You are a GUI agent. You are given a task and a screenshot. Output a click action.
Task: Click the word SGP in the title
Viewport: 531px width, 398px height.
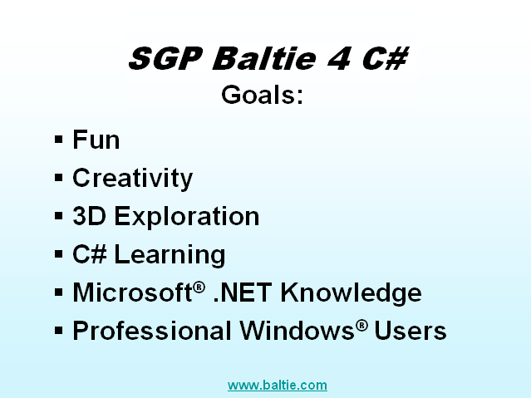[x=166, y=59]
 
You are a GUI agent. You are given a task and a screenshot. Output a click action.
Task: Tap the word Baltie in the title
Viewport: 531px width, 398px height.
[x=264, y=58]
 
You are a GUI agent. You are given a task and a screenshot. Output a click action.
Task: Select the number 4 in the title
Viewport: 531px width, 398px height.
[x=339, y=59]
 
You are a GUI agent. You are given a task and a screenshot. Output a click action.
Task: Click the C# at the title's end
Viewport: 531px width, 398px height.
[x=385, y=59]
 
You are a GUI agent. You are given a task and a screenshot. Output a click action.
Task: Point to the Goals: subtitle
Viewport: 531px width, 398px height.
[x=262, y=95]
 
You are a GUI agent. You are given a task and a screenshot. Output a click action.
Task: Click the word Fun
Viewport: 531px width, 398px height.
[x=96, y=140]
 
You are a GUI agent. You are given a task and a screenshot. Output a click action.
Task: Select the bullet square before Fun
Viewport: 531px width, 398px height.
[x=59, y=139]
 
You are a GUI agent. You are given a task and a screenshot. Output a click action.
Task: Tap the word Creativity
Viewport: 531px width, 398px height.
[x=132, y=178]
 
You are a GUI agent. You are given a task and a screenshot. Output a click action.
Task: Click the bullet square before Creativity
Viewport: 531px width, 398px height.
[x=59, y=177]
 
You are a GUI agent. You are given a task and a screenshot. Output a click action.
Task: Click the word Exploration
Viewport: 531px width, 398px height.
[x=187, y=216]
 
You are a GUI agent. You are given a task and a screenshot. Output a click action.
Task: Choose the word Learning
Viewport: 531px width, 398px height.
[x=170, y=254]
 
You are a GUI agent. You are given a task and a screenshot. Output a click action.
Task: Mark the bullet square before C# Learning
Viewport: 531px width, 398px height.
[x=59, y=253]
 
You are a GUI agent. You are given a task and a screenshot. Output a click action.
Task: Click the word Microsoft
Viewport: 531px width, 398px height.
[x=133, y=292]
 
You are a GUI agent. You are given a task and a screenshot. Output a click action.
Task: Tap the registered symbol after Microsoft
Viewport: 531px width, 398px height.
[x=199, y=287]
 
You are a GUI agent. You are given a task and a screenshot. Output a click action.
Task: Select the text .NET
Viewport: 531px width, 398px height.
[x=243, y=292]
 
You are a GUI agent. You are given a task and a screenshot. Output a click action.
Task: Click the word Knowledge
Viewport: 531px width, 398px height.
[x=351, y=292]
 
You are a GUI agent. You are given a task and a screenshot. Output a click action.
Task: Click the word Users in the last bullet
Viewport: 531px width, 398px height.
[x=411, y=331]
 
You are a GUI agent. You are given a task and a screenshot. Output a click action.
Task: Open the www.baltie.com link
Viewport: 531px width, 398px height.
[x=278, y=386]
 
